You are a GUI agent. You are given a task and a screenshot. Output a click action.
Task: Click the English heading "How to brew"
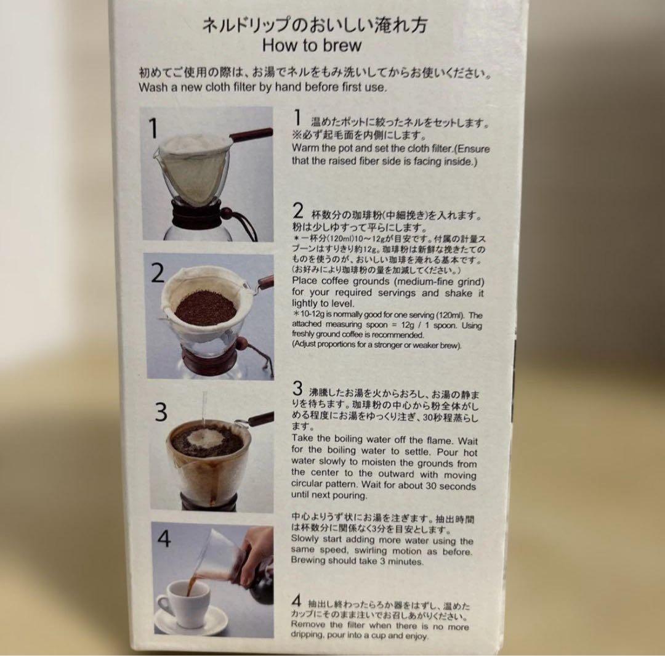[312, 46]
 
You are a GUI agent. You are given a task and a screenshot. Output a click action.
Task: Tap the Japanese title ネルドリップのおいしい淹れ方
[314, 25]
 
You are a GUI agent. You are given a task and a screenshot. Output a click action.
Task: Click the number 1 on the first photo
[153, 129]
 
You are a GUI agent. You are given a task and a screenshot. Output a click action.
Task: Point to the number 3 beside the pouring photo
[161, 411]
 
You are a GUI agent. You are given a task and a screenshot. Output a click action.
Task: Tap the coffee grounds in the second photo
[206, 306]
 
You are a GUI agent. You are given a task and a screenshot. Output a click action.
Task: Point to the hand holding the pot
[254, 550]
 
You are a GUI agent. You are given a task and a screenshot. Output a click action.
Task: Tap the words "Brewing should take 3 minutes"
[357, 561]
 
